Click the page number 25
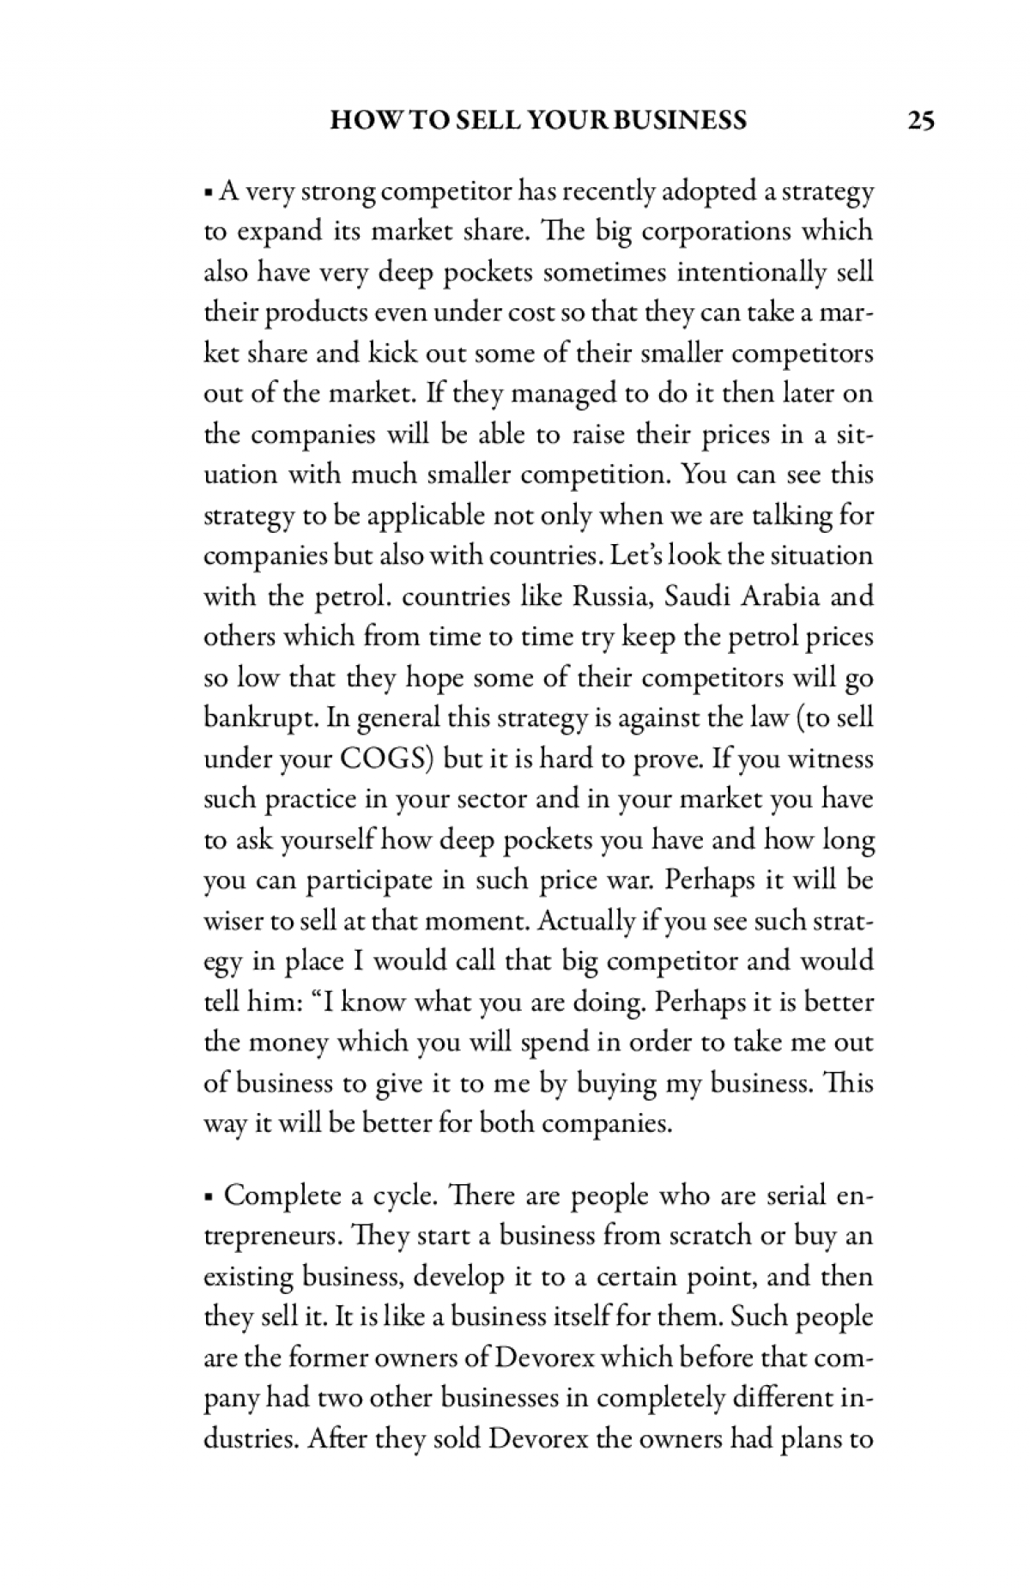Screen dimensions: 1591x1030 coord(921,120)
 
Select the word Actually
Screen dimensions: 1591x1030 coord(586,923)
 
